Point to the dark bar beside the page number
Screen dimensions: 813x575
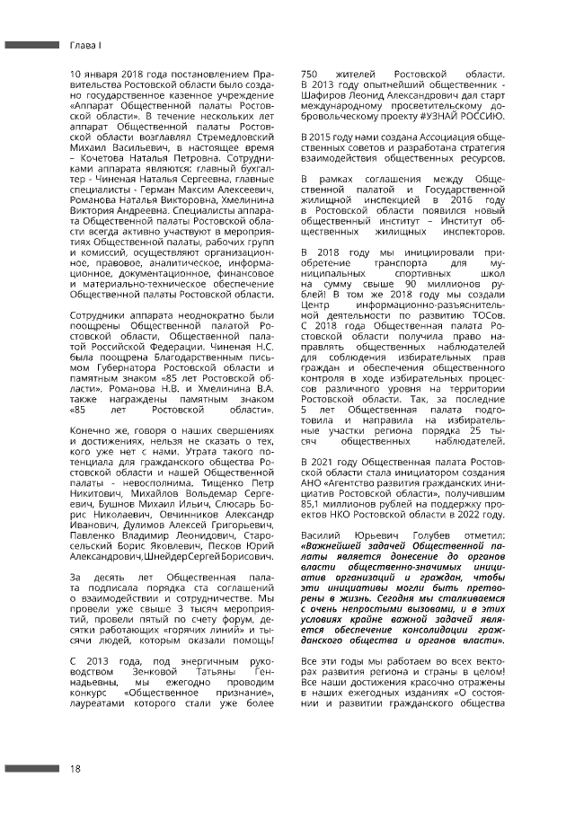tap(31, 769)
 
